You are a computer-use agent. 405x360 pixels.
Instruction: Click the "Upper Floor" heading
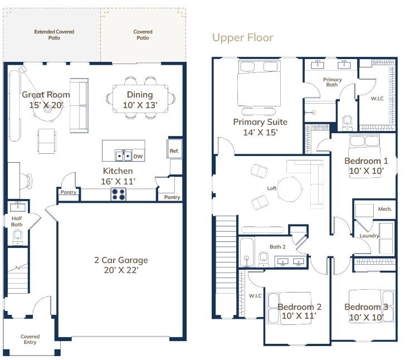(x=242, y=38)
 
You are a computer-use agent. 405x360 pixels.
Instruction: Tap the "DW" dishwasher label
(x=138, y=157)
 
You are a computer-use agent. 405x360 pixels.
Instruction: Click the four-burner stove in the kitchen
(x=118, y=194)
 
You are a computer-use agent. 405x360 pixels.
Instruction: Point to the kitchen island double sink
(x=123, y=155)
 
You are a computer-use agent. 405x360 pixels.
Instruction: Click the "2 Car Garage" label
(x=121, y=260)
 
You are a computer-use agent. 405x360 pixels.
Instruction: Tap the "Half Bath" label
(x=17, y=221)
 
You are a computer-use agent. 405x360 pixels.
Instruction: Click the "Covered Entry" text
(x=30, y=339)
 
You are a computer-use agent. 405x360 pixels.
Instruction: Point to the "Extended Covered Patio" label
(x=54, y=35)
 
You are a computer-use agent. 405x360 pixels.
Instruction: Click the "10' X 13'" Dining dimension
(x=140, y=105)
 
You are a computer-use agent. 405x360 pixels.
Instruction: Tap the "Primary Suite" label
(x=260, y=122)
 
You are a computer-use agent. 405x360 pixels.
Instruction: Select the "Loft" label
(x=272, y=188)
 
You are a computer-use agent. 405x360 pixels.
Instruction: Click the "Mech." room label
(x=385, y=209)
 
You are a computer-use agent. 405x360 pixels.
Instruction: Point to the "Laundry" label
(x=369, y=236)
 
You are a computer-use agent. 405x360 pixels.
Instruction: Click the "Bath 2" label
(x=277, y=247)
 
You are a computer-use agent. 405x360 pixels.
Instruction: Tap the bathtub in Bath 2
(x=247, y=252)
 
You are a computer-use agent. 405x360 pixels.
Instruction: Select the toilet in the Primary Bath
(x=347, y=123)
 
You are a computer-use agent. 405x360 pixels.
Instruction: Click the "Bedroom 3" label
(x=366, y=307)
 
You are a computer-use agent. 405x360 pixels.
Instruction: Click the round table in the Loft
(x=290, y=189)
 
